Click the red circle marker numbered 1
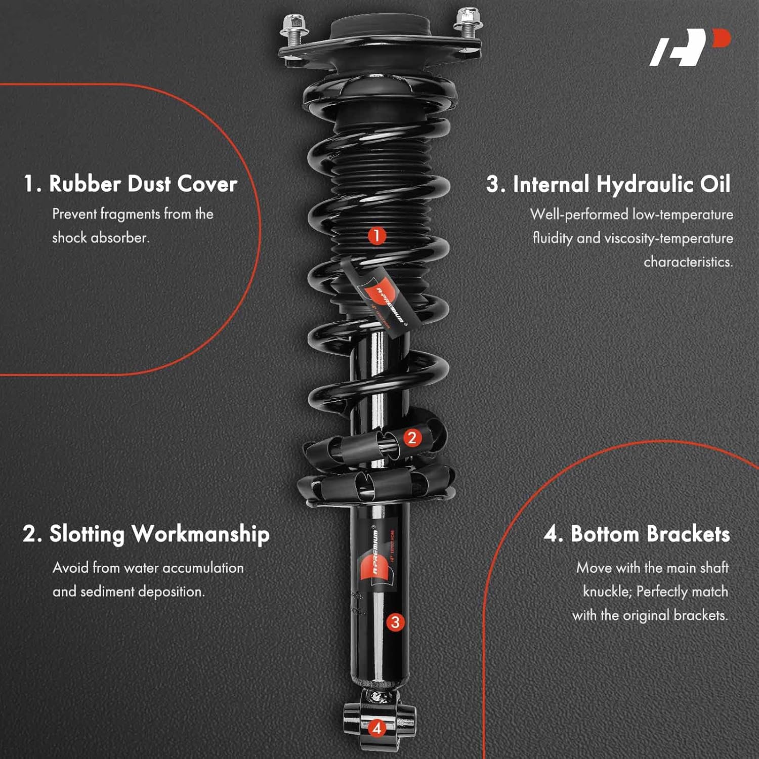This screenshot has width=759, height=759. point(376,235)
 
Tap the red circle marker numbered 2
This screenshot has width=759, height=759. point(412,438)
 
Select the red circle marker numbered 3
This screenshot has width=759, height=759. point(395,622)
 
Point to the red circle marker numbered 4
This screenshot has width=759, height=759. point(377,728)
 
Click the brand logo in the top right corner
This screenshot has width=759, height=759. point(689,47)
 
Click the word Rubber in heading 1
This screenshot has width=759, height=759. point(85,184)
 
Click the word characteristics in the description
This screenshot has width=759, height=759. point(688,262)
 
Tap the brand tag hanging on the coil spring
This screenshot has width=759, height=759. point(383,298)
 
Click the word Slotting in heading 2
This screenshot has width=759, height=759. point(87,534)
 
